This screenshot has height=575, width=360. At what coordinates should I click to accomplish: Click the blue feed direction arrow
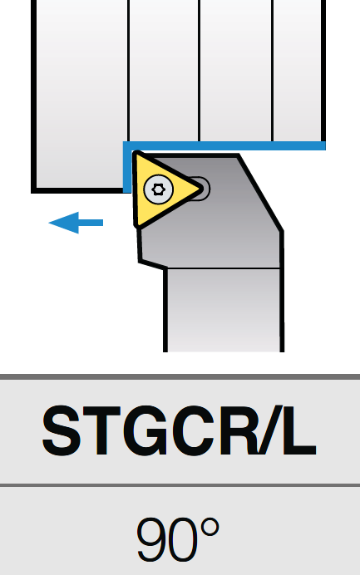[76, 223]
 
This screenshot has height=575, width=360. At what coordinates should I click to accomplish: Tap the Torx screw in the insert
[159, 189]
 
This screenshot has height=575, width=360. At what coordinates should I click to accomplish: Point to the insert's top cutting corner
[136, 154]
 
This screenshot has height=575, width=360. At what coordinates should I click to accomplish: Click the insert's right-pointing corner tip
[200, 189]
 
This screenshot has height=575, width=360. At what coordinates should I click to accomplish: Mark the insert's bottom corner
[138, 224]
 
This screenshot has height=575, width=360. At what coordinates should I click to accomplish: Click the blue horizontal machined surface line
[224, 146]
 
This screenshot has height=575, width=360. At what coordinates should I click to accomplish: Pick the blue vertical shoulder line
[127, 167]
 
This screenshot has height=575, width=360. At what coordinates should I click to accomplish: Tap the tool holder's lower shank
[224, 310]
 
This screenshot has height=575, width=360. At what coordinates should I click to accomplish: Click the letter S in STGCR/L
[62, 430]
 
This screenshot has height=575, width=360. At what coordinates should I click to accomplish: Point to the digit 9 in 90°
[151, 539]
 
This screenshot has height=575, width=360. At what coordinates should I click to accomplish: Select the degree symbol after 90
[210, 528]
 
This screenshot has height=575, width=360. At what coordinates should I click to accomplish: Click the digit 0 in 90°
[183, 539]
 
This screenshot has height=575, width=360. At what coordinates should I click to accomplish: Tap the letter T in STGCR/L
[101, 430]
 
